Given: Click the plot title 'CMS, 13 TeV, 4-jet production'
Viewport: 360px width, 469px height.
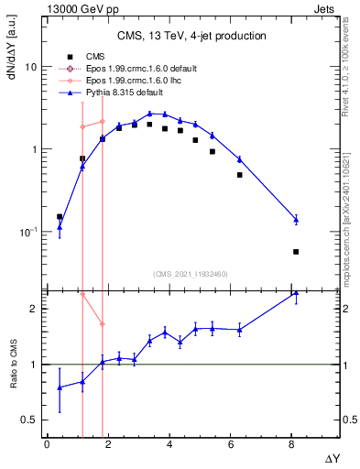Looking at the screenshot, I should pos(192,37).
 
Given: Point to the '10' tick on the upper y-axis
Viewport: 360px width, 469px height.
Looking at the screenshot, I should pos(30,68).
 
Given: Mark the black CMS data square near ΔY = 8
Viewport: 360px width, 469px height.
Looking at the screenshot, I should pos(296,252).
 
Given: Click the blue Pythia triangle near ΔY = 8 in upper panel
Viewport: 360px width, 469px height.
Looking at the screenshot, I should pos(296,220).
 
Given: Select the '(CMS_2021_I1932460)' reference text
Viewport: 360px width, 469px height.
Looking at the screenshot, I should pos(190,274).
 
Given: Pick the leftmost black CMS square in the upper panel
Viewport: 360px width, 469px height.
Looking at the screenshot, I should pos(60,217).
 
